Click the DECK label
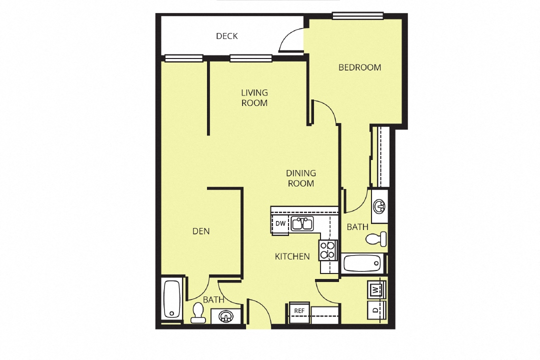(226, 36)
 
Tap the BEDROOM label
(359, 67)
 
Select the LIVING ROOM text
(254, 97)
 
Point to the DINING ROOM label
(300, 178)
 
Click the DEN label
(201, 231)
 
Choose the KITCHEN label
(292, 256)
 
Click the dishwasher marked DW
(280, 224)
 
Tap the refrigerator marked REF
(299, 311)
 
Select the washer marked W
(375, 289)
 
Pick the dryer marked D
(375, 310)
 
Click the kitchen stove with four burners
(327, 249)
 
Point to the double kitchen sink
(302, 223)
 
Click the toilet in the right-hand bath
(376, 238)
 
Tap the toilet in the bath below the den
(198, 313)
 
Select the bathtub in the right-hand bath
(362, 262)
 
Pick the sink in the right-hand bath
(379, 205)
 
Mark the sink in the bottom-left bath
(226, 316)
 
